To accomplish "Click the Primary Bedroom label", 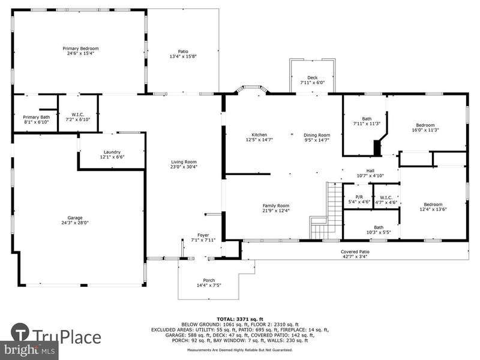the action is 80,51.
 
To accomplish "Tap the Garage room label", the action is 75,220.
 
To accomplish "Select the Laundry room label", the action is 112,154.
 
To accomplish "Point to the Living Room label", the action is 184,164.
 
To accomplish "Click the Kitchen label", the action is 259,137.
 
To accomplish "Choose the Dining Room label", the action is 317,137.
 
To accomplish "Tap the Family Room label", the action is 276,208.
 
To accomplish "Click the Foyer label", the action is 203,238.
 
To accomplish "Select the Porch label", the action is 209,283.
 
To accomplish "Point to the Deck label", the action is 312,80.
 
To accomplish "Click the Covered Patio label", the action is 355,254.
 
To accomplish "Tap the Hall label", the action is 370,173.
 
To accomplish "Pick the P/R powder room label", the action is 359,200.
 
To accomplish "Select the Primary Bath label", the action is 36,119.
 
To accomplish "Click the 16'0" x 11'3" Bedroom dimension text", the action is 425,130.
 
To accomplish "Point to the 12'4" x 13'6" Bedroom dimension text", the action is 433,209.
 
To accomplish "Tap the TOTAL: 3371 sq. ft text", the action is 240,319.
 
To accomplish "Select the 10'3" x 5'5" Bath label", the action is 379,230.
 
